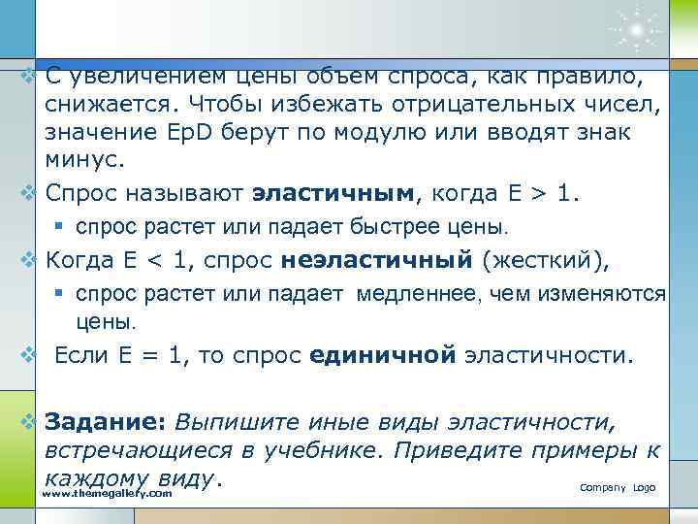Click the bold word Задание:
(x=107, y=422)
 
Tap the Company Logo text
(x=618, y=486)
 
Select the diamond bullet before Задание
(x=29, y=422)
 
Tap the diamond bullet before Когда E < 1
(x=29, y=260)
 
